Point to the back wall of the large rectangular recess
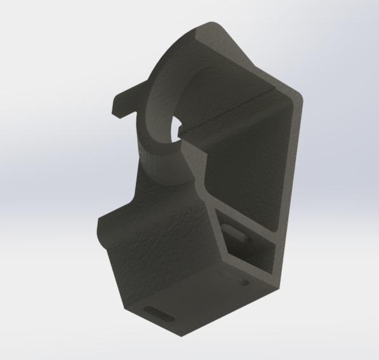(x=248, y=159)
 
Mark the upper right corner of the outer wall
(x=298, y=95)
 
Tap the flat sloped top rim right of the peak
(x=254, y=57)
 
